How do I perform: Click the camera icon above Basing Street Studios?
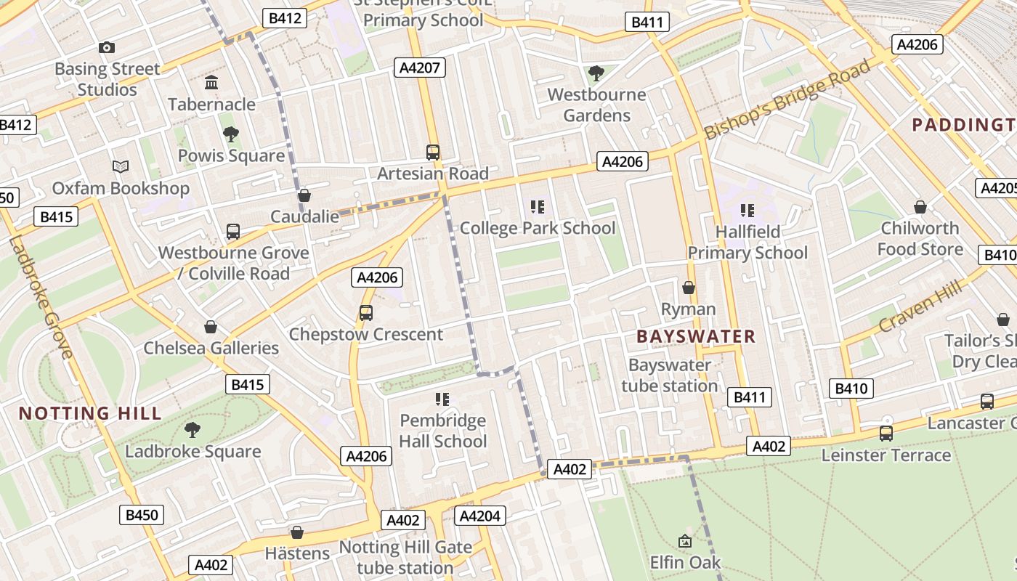tap(107, 48)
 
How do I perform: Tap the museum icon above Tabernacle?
tap(211, 83)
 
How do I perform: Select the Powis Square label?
tap(231, 156)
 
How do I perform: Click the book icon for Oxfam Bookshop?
tap(121, 167)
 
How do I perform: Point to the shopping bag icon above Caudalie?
tap(304, 195)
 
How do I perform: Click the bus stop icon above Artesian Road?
tap(433, 153)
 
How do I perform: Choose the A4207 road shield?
tap(419, 68)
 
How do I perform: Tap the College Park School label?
tap(538, 228)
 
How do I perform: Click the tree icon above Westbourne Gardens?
tap(596, 73)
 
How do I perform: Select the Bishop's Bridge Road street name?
tap(787, 99)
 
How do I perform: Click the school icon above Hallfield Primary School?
tap(747, 211)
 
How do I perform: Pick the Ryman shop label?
tap(688, 309)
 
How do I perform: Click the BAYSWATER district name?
tap(696, 336)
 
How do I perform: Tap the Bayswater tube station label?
tap(669, 375)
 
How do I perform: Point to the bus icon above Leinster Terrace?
tap(886, 434)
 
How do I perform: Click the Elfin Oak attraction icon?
tap(684, 541)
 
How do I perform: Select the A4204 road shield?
tap(479, 516)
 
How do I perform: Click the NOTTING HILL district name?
tap(90, 414)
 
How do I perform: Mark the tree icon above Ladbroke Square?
tap(193, 430)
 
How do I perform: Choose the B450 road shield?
tap(142, 516)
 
